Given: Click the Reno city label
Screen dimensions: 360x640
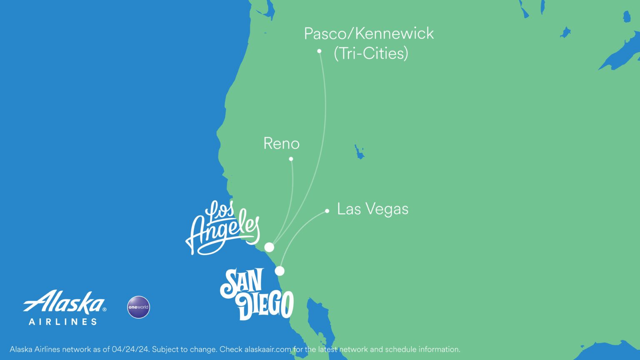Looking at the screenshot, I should pos(281,144).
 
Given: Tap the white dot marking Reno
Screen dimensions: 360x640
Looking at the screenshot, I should pos(291,159).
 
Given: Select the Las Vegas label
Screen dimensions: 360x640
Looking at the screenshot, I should pos(372,209).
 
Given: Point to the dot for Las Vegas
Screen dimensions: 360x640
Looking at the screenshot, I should pos(327,211).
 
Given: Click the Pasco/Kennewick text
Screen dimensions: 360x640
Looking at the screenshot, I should pos(369,34).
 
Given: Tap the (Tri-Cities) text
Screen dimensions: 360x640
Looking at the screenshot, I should pos(371,53).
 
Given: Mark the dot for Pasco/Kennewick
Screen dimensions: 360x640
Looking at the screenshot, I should pos(319,51).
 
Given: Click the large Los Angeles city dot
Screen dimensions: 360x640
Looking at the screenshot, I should pos(270,247).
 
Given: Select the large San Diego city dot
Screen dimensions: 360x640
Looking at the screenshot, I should pos(280,271).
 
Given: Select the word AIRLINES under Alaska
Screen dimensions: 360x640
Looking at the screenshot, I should pos(63,322).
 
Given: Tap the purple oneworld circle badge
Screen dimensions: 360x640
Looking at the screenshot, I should pos(138,307).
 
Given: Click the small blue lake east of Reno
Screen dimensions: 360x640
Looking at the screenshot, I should pos(359,152).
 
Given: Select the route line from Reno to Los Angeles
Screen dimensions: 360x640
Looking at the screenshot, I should pos(292,196).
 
